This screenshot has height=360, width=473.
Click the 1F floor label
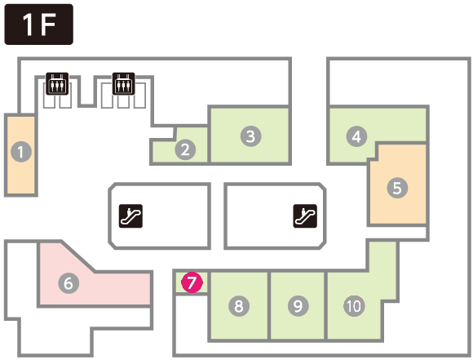coord(38,24)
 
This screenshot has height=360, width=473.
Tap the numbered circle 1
coord(21,152)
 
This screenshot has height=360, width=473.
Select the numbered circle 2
coord(185,149)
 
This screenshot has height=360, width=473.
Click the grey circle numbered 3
coord(251,136)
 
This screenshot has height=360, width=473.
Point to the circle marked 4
coord(356,136)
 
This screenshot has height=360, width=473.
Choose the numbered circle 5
coord(397,188)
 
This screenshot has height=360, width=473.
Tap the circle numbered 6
coord(69,283)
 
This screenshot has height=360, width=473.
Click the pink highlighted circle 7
coord(192,282)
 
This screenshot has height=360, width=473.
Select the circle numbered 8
coord(239,306)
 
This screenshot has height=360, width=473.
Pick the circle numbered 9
coord(298,306)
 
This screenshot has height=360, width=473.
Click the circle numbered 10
coord(354,306)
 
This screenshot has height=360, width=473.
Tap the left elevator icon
coord(57,83)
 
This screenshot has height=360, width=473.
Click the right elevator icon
coord(124,83)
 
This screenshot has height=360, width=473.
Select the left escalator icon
coord(130,216)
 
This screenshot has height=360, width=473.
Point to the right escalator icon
coord(305,216)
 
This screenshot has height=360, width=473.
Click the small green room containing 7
coord(192,282)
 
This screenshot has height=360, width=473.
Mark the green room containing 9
coord(298,305)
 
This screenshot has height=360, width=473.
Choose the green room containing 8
coord(239,305)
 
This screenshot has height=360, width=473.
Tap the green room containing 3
coord(250,136)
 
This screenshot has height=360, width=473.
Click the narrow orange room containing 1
coord(21,155)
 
